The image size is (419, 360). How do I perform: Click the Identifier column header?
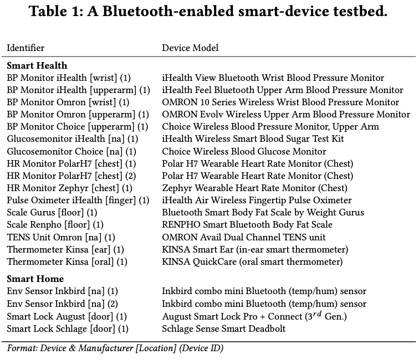click(x=25, y=48)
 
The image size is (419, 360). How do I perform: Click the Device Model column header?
click(x=190, y=48)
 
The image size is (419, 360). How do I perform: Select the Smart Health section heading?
click(x=37, y=66)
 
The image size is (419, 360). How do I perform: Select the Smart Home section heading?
click(x=35, y=279)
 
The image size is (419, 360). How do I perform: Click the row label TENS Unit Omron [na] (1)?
click(x=61, y=236)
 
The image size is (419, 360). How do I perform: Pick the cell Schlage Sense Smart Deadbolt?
click(x=224, y=328)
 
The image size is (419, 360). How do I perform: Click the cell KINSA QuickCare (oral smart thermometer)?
click(x=252, y=261)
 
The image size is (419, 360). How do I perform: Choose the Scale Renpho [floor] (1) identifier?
click(x=55, y=224)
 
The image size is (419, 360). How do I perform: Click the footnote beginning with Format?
click(x=115, y=348)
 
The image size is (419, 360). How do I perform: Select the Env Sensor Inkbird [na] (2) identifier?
click(x=62, y=304)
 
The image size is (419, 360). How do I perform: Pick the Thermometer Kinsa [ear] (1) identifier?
click(x=65, y=249)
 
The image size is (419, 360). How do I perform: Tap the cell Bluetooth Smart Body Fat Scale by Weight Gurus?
click(x=263, y=212)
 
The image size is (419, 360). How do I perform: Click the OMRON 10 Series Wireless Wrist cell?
click(x=280, y=102)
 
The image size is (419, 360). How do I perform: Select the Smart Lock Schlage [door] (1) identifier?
click(x=67, y=328)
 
